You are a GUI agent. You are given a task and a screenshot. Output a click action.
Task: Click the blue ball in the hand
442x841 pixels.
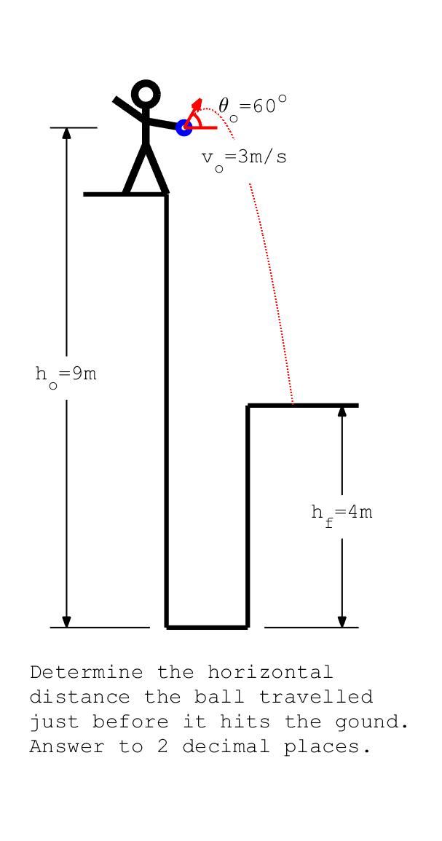(184, 127)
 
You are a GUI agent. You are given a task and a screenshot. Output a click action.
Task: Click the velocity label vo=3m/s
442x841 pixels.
(243, 159)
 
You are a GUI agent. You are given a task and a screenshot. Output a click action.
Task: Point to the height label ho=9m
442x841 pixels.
(66, 376)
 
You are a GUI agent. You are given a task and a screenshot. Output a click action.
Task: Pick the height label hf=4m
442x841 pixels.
(342, 515)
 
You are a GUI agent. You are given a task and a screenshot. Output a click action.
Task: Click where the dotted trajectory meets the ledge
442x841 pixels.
(293, 403)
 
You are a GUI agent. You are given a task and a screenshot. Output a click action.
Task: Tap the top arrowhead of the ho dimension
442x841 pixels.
(66, 133)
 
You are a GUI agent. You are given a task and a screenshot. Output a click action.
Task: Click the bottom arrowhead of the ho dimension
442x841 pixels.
(66, 622)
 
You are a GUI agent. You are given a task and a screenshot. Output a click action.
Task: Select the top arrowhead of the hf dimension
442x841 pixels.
(342, 411)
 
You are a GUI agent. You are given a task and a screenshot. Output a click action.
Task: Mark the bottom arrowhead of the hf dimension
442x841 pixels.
(342, 622)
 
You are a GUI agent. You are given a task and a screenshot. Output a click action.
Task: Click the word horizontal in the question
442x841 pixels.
(270, 672)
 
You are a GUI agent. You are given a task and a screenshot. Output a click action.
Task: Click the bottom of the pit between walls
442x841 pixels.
(207, 626)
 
